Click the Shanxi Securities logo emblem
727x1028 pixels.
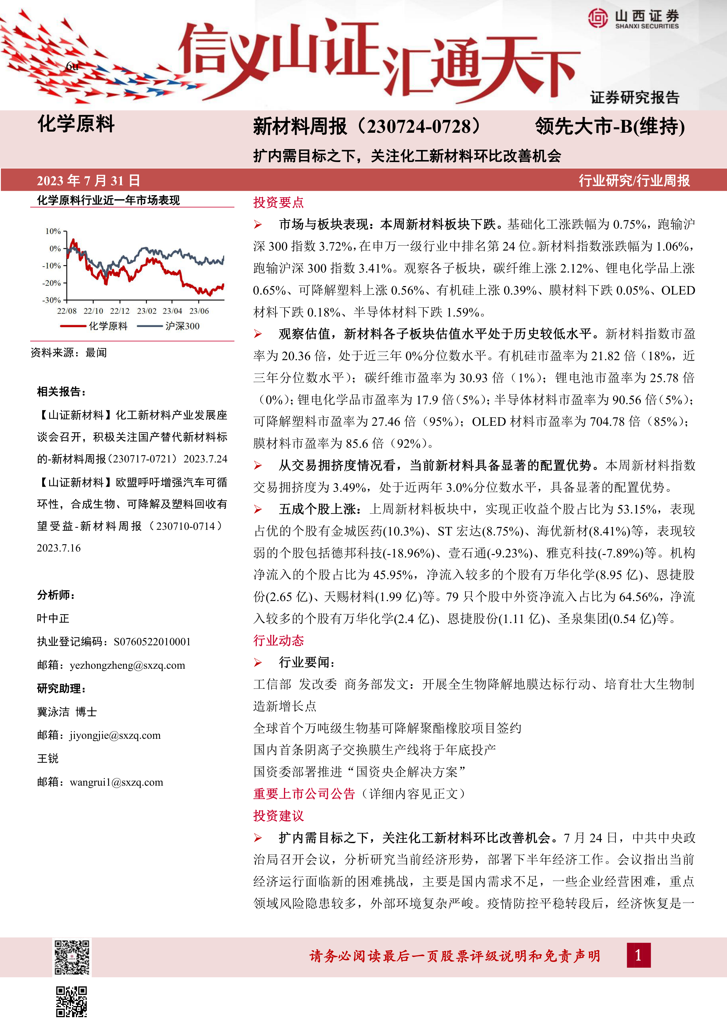tap(597, 18)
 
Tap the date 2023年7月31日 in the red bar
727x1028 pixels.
tap(88, 181)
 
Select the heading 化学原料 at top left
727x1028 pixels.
tap(76, 124)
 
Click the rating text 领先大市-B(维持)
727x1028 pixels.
tap(610, 127)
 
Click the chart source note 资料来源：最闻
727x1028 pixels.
tap(69, 353)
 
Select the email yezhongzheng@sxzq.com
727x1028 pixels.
tap(127, 665)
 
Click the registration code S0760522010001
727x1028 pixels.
tap(152, 642)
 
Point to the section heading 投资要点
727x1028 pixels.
tap(278, 202)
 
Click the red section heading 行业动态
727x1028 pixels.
tap(278, 641)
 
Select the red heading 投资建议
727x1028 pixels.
tap(278, 816)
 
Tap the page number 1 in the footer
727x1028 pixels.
tap(639, 955)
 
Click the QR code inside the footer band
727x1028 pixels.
tap(72, 957)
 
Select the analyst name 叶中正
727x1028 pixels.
tap(53, 619)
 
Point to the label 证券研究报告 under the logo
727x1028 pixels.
tap(634, 98)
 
